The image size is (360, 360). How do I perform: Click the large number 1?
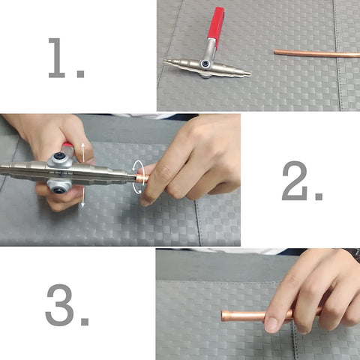click(x=57, y=58)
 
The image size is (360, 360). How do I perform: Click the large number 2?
click(x=295, y=181)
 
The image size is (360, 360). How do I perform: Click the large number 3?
click(x=60, y=304)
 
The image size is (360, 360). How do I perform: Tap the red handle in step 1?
click(x=215, y=24)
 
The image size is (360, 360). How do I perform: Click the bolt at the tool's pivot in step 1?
click(x=205, y=64)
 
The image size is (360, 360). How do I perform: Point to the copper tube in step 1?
click(x=316, y=53)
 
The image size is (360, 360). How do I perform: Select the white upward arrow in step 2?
click(x=83, y=152)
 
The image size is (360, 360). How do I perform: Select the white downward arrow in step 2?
click(x=83, y=197)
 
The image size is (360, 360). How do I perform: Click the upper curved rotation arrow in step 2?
click(x=138, y=166)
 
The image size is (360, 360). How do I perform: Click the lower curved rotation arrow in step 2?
click(x=138, y=187)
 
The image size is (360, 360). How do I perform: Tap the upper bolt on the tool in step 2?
click(x=59, y=157)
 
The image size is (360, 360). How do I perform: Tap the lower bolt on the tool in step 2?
click(x=59, y=188)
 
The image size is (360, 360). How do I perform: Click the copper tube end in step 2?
click(x=142, y=179)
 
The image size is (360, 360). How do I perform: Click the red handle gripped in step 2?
click(x=67, y=145)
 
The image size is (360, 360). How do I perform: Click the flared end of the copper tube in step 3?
click(x=226, y=316)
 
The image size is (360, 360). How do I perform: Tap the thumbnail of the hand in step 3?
click(x=271, y=325)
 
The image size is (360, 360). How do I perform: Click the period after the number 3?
click(x=85, y=322)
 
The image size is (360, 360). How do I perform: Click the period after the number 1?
click(x=80, y=73)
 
